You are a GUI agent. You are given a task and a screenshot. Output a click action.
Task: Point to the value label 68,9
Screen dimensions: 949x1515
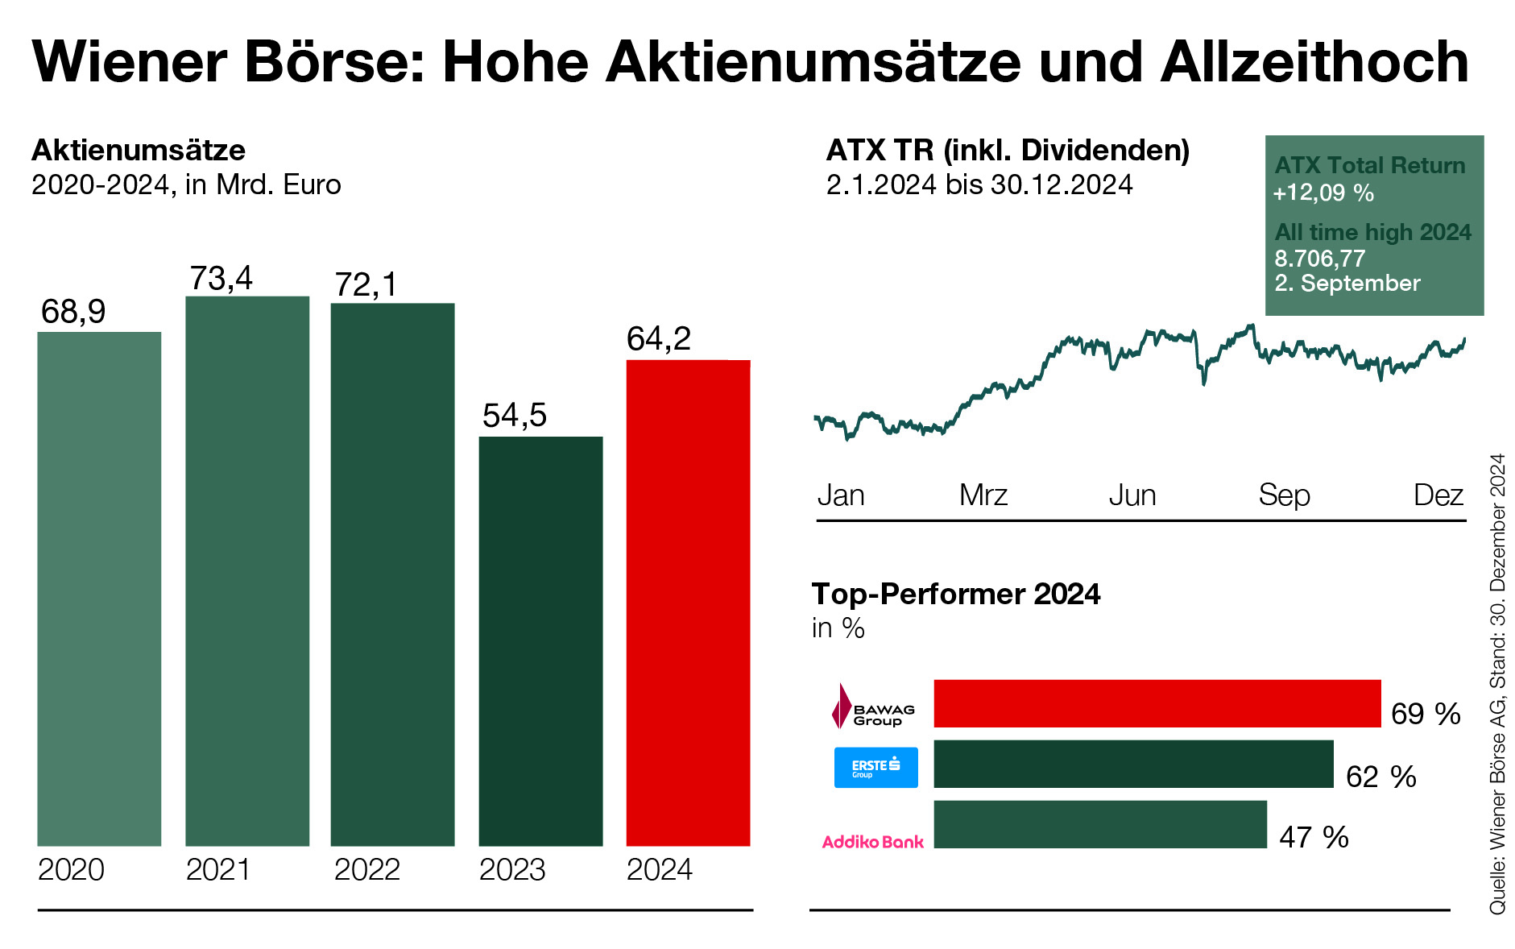73,312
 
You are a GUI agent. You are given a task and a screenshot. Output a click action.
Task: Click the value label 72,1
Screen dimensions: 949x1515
366,284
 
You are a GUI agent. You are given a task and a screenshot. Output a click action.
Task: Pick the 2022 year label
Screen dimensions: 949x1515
366,870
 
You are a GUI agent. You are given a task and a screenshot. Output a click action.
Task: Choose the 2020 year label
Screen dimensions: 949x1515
71,870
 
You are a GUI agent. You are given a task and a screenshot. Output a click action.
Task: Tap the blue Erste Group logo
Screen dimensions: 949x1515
875,767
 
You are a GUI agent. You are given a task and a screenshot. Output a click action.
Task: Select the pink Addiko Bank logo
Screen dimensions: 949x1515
872,842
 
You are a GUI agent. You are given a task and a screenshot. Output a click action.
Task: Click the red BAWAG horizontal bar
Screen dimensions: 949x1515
1157,703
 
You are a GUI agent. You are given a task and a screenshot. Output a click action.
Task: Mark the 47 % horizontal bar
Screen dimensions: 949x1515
1099,824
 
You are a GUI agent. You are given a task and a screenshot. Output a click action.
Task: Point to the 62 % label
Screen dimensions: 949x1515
1380,777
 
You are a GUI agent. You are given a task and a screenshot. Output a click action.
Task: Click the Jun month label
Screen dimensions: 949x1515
1132,495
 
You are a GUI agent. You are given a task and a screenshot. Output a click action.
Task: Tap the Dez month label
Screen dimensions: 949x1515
1438,495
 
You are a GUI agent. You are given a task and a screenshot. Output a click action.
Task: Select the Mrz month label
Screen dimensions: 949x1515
983,495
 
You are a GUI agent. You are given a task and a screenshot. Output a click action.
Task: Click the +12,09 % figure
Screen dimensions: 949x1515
1323,193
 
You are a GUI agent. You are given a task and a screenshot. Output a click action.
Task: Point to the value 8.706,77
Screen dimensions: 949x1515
1319,259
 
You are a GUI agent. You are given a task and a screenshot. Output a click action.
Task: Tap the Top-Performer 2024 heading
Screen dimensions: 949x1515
955,594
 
